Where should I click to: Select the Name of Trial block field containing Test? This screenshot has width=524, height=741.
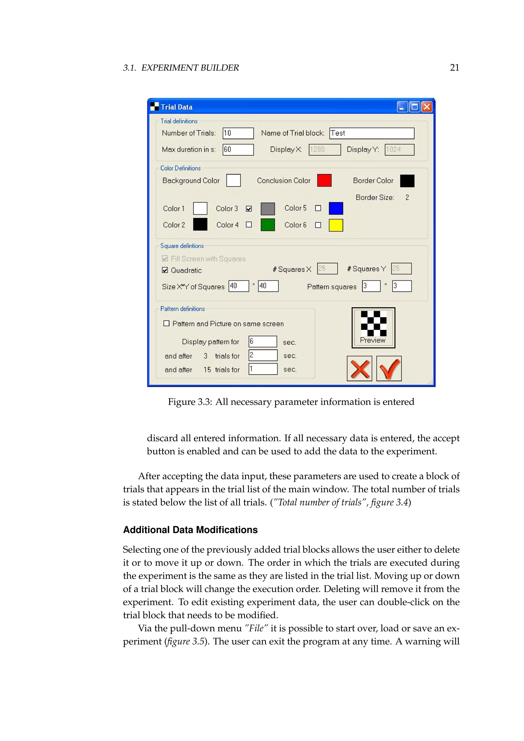372,133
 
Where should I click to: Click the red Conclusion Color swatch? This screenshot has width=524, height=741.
324,180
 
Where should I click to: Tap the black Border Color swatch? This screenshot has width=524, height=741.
407,181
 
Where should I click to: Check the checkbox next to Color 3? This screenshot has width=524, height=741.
249,209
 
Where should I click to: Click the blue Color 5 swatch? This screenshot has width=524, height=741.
336,209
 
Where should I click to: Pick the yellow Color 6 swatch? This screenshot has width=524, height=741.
336,225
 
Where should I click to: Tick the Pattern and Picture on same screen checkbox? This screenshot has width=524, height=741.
167,323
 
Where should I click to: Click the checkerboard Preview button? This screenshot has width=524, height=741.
373,328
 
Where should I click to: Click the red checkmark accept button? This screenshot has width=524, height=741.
389,368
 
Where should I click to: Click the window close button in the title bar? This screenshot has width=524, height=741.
427,107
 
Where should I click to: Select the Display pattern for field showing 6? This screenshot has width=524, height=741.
263,341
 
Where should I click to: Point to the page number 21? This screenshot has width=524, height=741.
454,68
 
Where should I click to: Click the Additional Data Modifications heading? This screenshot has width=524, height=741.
190,530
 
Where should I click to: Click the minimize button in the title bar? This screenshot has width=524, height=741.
402,107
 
